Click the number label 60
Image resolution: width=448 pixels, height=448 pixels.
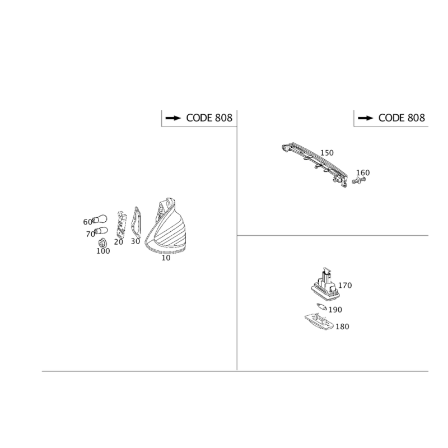[x=87, y=222]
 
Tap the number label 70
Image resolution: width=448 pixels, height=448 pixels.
[x=90, y=235]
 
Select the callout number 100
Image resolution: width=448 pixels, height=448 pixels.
[x=102, y=251]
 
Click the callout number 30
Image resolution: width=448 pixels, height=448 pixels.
[x=134, y=241]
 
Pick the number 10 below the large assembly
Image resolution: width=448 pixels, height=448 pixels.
[x=166, y=258]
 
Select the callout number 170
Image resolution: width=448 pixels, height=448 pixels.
[x=345, y=285]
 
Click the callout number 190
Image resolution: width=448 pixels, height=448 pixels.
[x=335, y=309]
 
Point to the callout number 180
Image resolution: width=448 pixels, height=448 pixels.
[x=343, y=326]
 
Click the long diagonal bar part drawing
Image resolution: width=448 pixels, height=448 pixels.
[x=317, y=163]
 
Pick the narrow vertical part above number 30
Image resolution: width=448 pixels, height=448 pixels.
[x=135, y=222]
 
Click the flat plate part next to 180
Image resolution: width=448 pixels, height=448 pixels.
[x=318, y=321]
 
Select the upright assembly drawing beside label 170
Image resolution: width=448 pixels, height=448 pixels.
[x=325, y=286]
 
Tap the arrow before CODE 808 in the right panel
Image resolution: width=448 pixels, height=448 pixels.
[x=366, y=118]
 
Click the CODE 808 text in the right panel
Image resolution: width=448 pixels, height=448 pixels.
[x=402, y=118]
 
